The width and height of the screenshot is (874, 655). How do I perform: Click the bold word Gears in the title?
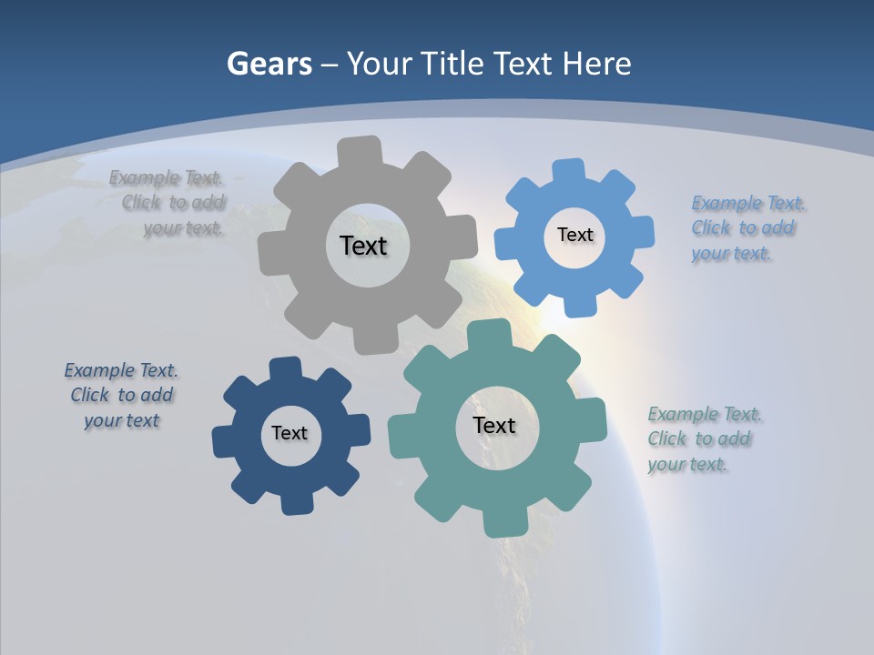(269, 64)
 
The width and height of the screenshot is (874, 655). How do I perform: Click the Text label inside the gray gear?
(363, 246)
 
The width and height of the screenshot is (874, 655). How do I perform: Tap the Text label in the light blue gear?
(574, 235)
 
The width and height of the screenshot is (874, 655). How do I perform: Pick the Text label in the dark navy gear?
(289, 433)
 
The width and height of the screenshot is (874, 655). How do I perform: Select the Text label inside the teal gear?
(494, 425)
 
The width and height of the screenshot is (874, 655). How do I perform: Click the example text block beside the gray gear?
(168, 203)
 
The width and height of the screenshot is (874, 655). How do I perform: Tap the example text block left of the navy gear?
(122, 395)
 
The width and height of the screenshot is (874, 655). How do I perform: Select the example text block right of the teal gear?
(704, 438)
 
